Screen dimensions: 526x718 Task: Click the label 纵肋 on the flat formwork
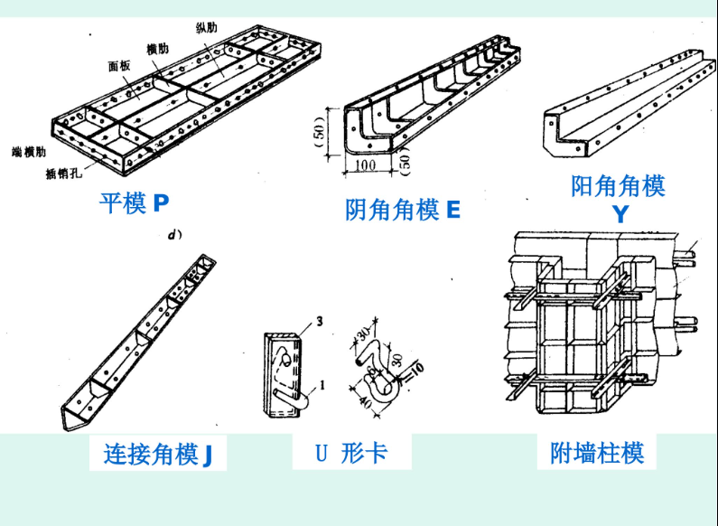(x=207, y=27)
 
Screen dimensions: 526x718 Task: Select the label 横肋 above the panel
(x=157, y=48)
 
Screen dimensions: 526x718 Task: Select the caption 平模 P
(x=134, y=202)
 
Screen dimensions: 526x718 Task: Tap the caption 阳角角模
(x=619, y=186)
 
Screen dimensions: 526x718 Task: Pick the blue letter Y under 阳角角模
(x=620, y=214)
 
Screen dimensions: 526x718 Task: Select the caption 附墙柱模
(x=597, y=452)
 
